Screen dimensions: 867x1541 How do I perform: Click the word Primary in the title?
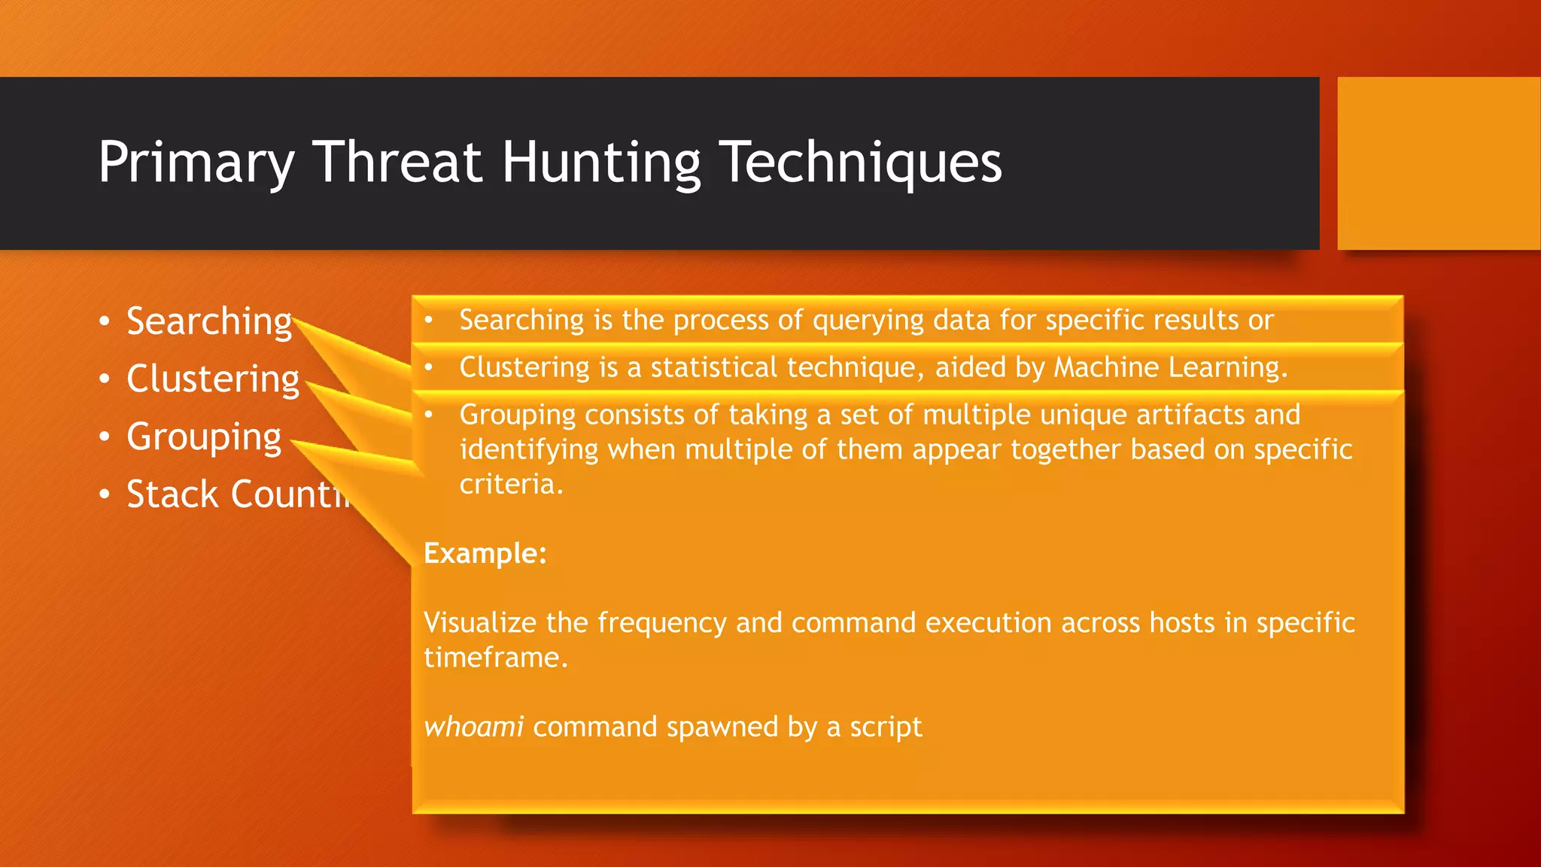(x=196, y=163)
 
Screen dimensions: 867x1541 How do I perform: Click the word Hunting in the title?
(x=600, y=163)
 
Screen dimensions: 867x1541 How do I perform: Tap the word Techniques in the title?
(x=861, y=163)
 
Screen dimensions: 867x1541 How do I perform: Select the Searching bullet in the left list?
(x=208, y=321)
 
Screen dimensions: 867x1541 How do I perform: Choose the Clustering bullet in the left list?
(x=212, y=379)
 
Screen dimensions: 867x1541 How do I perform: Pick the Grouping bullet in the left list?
(x=203, y=437)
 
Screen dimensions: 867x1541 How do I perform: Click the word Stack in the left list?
(x=172, y=494)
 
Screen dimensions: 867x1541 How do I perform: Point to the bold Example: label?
(x=485, y=554)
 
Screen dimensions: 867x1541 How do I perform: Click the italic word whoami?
(x=473, y=727)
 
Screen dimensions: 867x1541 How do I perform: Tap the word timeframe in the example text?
(x=494, y=658)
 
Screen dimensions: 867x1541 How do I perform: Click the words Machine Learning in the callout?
(x=1169, y=367)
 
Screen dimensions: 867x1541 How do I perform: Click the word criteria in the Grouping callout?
(x=510, y=484)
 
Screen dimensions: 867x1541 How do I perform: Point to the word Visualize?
(x=479, y=623)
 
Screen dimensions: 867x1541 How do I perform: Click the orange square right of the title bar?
(x=1438, y=163)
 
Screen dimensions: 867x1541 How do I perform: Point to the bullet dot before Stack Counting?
(x=105, y=495)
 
